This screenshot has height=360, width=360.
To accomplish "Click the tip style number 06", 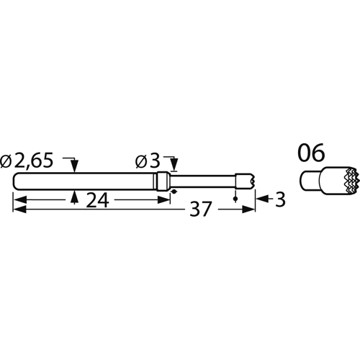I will tap(311, 153).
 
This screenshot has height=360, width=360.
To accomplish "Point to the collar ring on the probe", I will tap(164, 181).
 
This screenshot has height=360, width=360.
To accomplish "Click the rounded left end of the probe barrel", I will tap(16, 181).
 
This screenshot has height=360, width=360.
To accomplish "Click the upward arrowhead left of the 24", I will tap(76, 197).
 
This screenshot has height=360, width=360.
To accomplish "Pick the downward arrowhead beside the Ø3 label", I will tap(173, 167).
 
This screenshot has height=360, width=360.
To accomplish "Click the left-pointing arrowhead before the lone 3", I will tap(261, 202).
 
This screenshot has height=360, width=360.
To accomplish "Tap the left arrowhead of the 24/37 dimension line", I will tap(17, 210).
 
